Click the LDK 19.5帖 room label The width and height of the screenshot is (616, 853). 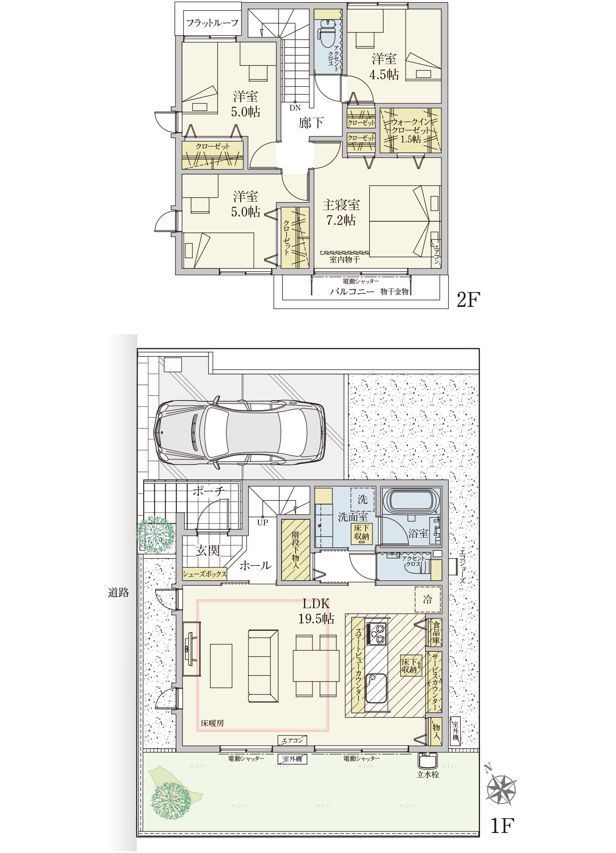[316, 611]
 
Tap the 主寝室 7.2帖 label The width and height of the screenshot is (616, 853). [341, 212]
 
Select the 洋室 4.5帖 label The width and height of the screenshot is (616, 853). [384, 66]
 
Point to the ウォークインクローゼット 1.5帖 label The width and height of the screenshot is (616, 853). [411, 130]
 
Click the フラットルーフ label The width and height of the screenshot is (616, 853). [212, 23]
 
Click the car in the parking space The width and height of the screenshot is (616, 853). [240, 433]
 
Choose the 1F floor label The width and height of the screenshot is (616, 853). [502, 825]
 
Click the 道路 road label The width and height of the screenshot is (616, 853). [118, 593]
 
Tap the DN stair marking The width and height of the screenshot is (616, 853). [295, 108]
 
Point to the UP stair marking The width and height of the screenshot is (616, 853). [262, 523]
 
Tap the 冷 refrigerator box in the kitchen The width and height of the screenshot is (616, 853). [428, 599]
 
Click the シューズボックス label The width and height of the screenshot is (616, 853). [205, 574]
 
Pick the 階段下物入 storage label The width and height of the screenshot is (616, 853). [295, 550]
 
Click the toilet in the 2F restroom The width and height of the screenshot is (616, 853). [328, 32]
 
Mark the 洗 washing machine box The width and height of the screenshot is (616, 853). [363, 499]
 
